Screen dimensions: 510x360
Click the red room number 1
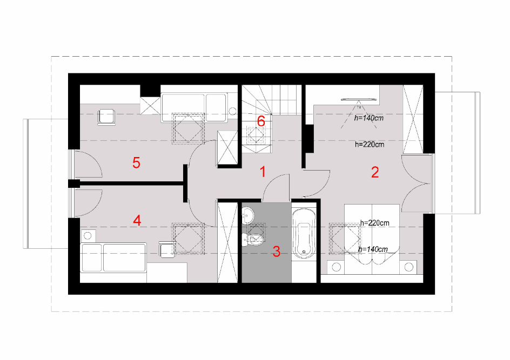click(x=263, y=172)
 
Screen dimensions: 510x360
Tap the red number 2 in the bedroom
click(x=375, y=172)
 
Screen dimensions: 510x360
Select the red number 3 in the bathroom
click(x=277, y=252)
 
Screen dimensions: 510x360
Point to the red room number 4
click(x=137, y=221)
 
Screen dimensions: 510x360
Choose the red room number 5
click(x=136, y=162)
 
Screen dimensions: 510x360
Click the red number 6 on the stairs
click(x=261, y=121)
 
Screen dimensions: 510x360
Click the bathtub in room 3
click(x=304, y=233)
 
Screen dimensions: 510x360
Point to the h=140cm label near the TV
click(x=369, y=118)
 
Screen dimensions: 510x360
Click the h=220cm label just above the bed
click(x=375, y=223)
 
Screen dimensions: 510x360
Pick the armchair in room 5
click(x=106, y=117)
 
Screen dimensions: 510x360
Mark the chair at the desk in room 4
click(x=166, y=249)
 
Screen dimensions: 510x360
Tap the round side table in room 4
click(x=88, y=235)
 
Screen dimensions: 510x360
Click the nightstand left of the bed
click(x=337, y=267)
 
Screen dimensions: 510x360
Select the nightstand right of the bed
click(x=408, y=267)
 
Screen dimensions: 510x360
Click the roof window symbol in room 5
click(x=188, y=128)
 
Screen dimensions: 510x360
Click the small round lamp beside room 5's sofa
click(x=232, y=111)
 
